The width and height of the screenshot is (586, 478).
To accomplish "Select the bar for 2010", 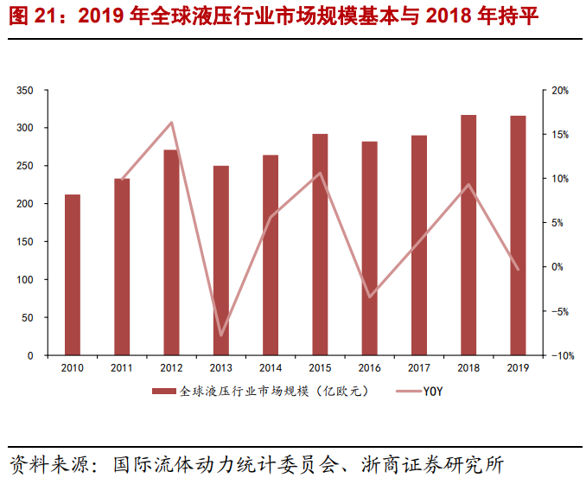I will [x=73, y=275].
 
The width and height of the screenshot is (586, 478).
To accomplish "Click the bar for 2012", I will [x=171, y=252].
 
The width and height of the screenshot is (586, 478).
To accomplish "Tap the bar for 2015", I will [x=320, y=245].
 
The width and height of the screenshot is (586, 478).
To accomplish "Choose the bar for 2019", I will [x=518, y=236].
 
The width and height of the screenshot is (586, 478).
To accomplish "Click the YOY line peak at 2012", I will [x=171, y=122].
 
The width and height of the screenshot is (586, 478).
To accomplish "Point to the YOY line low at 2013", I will [x=221, y=335].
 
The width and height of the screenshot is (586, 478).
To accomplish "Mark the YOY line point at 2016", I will [x=370, y=296].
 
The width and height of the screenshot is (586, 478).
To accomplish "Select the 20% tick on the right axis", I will [x=559, y=90].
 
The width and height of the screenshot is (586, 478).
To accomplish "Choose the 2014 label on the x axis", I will [x=271, y=369].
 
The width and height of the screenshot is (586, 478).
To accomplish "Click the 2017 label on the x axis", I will [x=419, y=369].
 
